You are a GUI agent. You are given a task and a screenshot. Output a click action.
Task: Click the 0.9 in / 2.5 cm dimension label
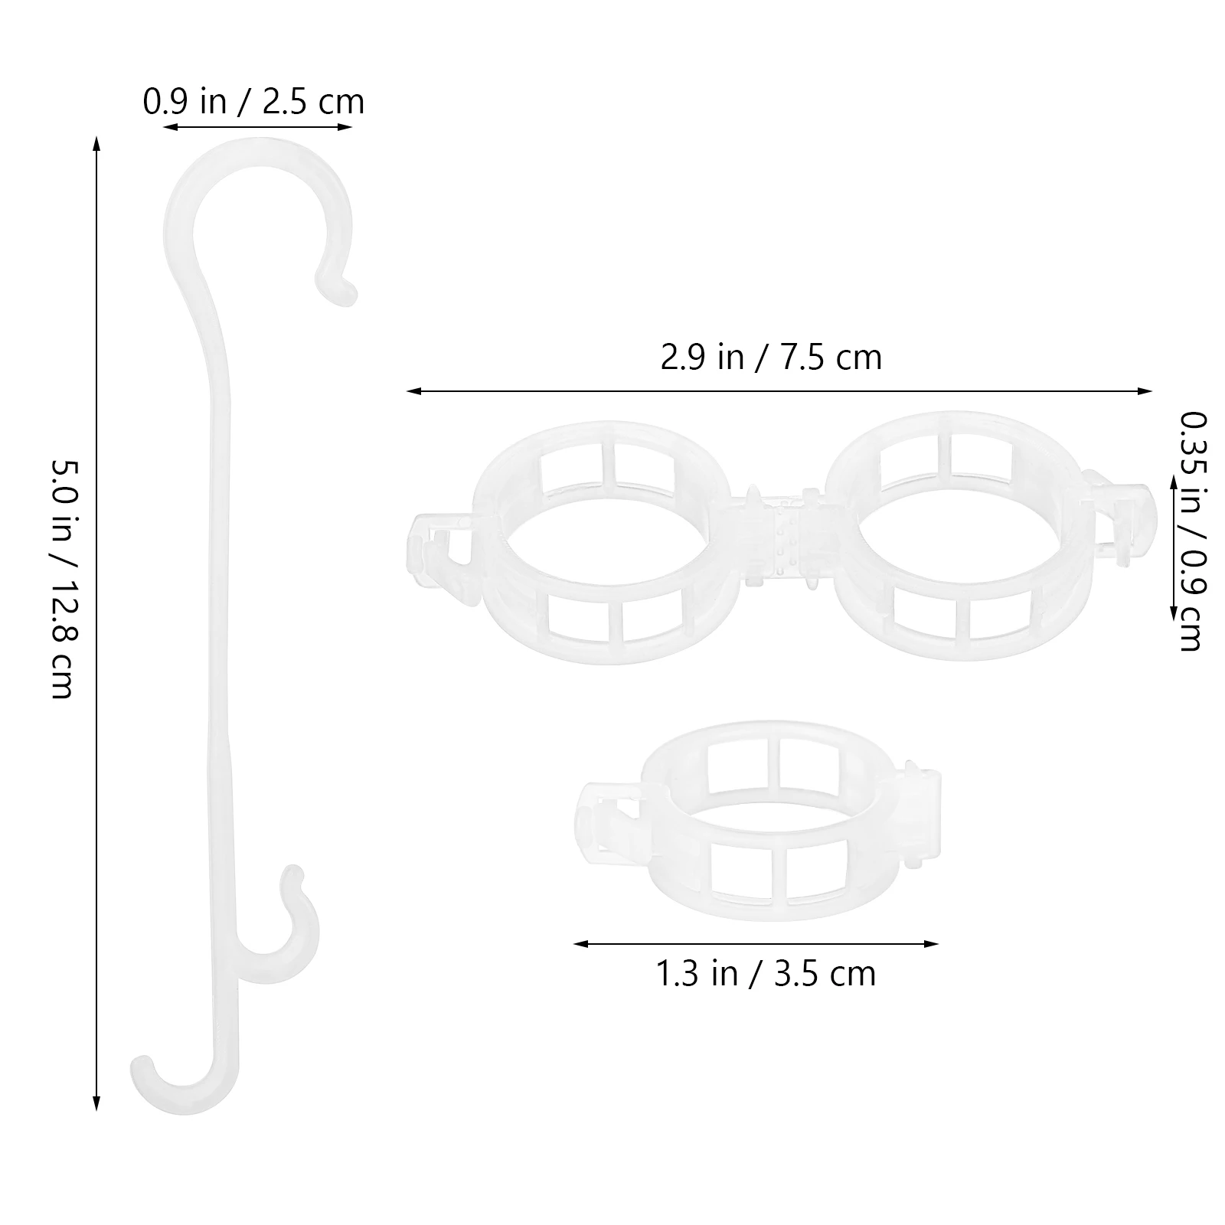pos(253,102)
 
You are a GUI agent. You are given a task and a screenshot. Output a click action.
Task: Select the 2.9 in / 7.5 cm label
pos(771,358)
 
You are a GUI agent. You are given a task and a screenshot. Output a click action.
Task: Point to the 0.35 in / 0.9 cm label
pos(1191,531)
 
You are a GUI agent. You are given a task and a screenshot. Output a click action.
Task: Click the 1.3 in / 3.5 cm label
pos(766,974)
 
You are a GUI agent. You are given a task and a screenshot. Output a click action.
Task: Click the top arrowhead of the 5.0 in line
pos(96,144)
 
